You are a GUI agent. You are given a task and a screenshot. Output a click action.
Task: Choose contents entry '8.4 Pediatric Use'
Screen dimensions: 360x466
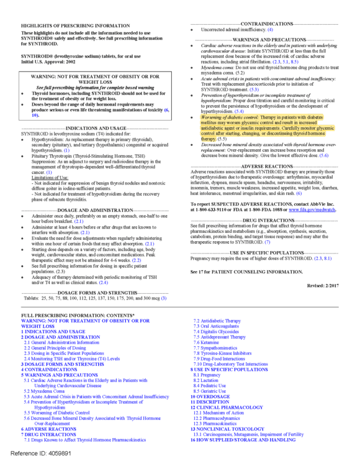[215, 385]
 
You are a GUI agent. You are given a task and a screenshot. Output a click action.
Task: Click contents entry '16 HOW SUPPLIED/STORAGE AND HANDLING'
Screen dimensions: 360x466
[243, 439]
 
